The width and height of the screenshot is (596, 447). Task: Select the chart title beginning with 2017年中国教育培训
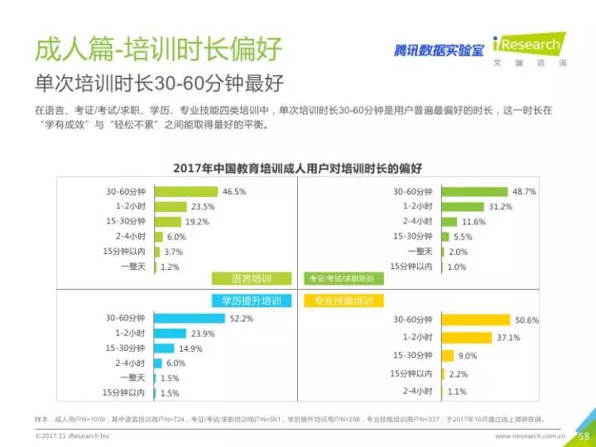pyautogui.click(x=297, y=168)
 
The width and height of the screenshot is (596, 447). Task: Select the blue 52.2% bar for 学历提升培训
pyautogui.click(x=188, y=318)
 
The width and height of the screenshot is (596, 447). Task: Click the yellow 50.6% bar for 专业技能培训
pyautogui.click(x=475, y=320)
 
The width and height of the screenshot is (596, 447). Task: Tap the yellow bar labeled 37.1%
pyautogui.click(x=466, y=338)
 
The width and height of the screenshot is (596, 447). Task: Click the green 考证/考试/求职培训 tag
pyautogui.click(x=340, y=278)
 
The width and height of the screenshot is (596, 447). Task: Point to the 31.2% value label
pyautogui.click(x=500, y=206)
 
